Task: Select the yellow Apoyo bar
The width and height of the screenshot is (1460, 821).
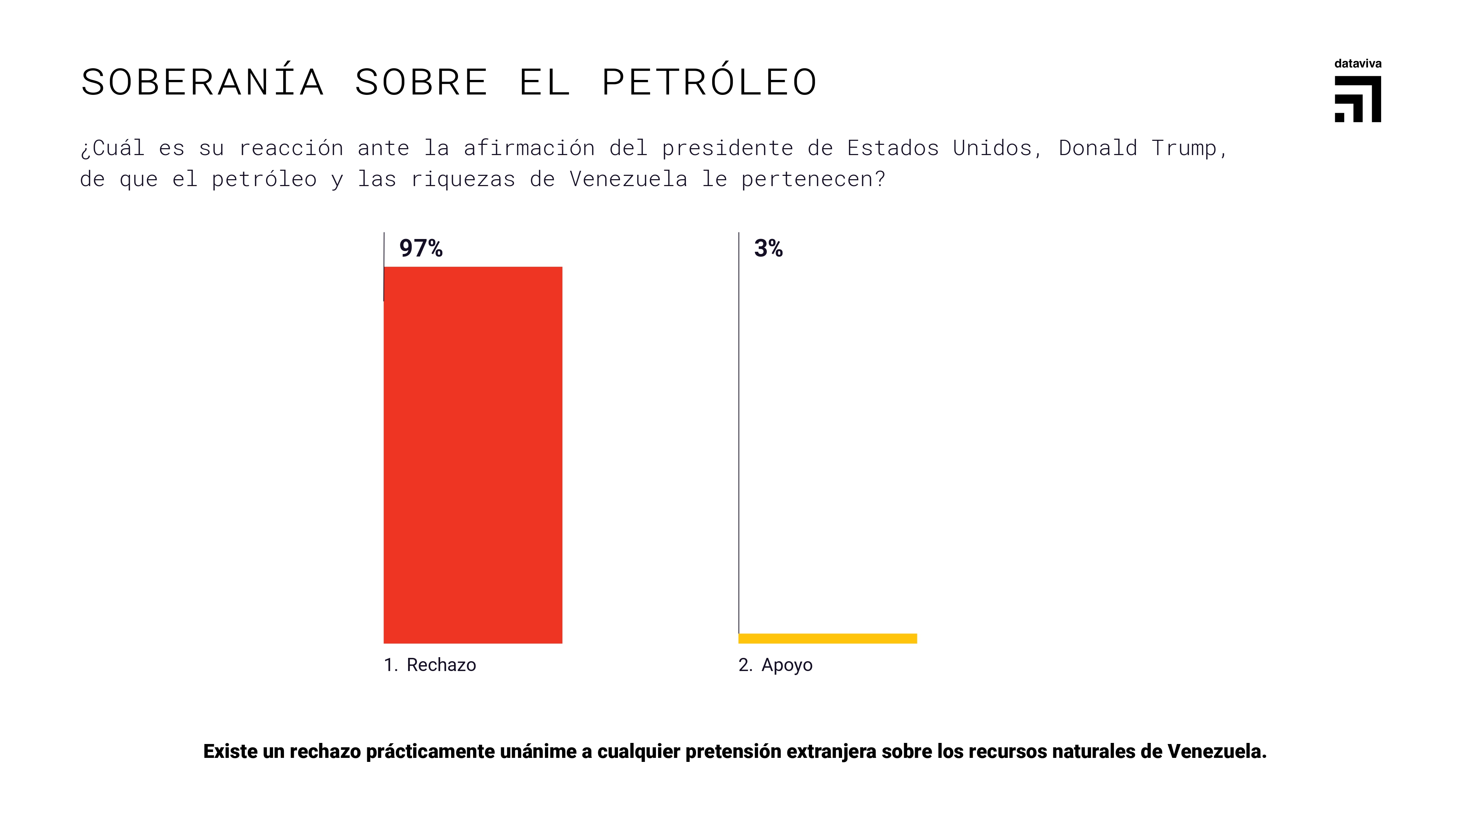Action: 827,639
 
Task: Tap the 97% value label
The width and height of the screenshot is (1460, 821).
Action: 420,248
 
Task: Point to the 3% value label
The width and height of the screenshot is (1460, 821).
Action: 768,248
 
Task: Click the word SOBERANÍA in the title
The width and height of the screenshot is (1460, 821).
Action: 202,82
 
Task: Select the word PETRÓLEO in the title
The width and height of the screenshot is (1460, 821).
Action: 709,82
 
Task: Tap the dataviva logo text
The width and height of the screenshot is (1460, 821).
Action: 1357,63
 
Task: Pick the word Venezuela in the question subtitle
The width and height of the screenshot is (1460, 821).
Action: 628,180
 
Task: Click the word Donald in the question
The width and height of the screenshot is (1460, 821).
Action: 1098,149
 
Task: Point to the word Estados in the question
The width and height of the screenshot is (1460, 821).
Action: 893,149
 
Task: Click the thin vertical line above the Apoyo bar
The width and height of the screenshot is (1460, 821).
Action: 738,431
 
